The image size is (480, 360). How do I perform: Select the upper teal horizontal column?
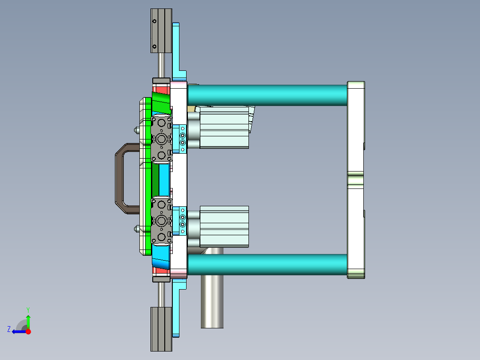point(267,95)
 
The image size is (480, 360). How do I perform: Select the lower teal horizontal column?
point(267,265)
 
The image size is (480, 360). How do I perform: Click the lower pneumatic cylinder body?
point(224,226)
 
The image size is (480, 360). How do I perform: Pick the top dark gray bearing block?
point(161,29)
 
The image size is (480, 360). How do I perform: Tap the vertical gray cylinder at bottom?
point(212,303)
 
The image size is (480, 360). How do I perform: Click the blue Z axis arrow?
point(18,331)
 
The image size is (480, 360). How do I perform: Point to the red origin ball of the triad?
point(28,331)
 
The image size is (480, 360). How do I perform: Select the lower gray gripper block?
point(161,221)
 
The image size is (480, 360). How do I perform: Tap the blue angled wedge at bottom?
point(161,258)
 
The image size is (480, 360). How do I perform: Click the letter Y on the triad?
point(28,309)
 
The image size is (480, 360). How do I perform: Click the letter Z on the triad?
point(9,329)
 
